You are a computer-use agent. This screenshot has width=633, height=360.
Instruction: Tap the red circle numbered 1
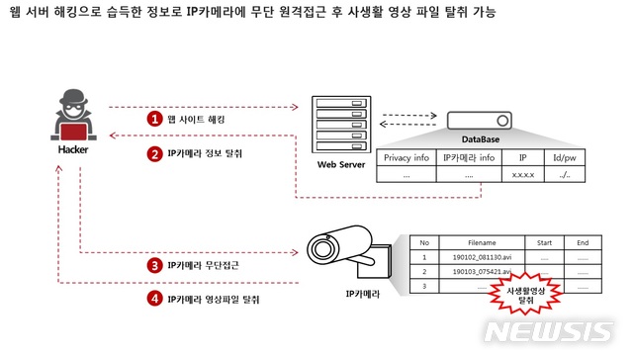[154, 118]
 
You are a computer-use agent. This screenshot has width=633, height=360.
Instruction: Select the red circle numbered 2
[154, 153]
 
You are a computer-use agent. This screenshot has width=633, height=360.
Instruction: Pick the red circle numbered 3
[154, 265]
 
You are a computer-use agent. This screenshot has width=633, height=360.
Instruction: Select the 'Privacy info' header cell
[407, 157]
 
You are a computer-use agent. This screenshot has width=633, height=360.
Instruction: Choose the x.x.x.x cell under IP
[523, 174]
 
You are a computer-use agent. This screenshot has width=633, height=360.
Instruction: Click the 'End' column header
[583, 241]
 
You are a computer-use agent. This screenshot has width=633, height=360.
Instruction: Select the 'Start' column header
[543, 241]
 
